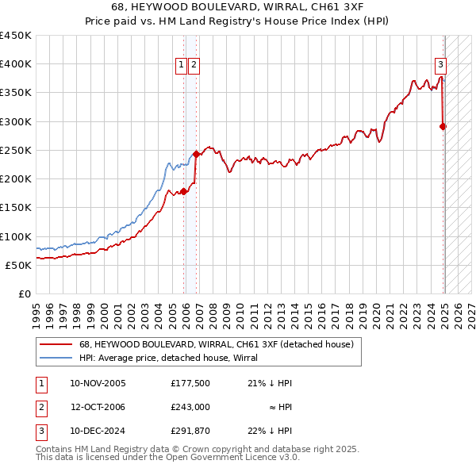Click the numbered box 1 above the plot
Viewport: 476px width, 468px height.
(181, 66)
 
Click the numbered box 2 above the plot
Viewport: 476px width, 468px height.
(194, 66)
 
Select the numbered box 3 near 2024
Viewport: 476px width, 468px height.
(440, 66)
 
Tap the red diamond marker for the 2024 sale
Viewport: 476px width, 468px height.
(443, 126)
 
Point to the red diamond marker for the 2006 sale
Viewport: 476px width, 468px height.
(196, 154)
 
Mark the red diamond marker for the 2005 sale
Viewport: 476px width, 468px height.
(183, 191)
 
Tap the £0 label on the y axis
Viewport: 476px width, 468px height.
(25, 293)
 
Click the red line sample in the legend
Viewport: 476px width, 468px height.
(56, 344)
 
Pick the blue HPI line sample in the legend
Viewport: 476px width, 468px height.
(56, 358)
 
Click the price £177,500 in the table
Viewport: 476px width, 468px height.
(190, 383)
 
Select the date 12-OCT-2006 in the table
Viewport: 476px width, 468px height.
(98, 407)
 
